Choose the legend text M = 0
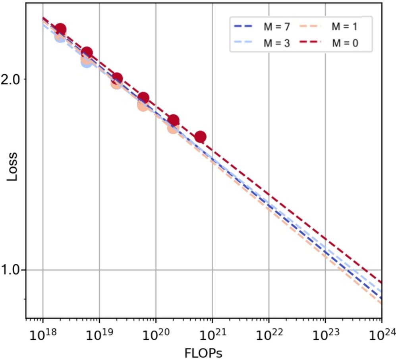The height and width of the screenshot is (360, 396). click(x=346, y=43)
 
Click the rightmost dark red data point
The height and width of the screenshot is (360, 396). click(x=201, y=137)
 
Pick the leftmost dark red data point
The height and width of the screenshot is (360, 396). click(x=60, y=29)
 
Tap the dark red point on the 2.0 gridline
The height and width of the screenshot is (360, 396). click(x=117, y=79)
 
